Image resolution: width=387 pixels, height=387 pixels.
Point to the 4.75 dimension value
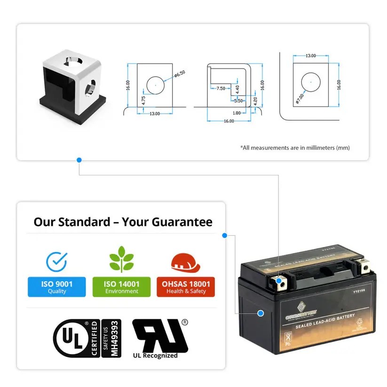pos(143,100)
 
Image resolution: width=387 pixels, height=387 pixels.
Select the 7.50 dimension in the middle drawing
pos(221,88)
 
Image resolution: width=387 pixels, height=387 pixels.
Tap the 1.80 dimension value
pos(237,113)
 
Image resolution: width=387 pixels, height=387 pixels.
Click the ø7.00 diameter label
pos(300,98)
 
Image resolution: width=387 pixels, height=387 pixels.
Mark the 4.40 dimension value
pos(237,88)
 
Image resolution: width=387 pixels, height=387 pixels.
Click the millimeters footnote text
pos(295,148)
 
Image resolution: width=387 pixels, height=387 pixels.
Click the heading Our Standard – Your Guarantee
pos(123,222)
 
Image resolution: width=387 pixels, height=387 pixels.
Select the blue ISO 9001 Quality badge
pos(57,287)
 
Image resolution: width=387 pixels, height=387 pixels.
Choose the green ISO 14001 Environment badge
pos(121,287)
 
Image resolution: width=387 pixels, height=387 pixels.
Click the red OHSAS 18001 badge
pos(186,287)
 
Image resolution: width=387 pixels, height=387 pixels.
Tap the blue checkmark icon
pos(57,261)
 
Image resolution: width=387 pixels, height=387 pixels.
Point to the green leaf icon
pos(121,260)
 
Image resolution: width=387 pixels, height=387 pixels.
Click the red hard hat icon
pos(185,262)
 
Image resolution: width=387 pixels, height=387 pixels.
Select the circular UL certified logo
pos(71,338)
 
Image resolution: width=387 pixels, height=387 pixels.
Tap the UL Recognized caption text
pos(155,355)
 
